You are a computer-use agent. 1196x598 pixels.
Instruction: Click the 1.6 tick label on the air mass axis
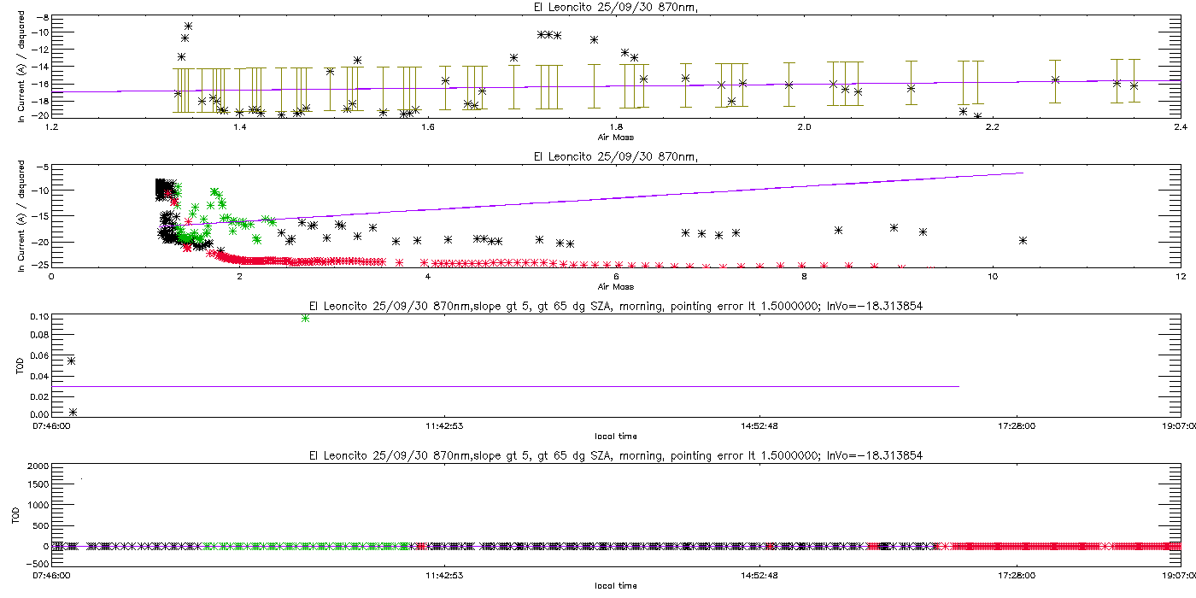(428, 127)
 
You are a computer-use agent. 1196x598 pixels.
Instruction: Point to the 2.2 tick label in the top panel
(992, 127)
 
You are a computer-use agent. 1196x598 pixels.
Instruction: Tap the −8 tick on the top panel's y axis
(42, 18)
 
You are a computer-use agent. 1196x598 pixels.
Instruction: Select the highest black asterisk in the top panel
(188, 26)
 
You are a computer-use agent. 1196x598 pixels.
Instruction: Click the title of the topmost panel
(616, 8)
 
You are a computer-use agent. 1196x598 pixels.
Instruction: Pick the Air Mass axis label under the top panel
(616, 138)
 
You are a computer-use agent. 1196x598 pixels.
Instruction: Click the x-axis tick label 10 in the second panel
(992, 277)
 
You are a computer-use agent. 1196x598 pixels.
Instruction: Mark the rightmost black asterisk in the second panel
(1023, 241)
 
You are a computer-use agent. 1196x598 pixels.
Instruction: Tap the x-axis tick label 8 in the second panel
(804, 277)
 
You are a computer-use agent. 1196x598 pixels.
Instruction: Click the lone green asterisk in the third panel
(306, 318)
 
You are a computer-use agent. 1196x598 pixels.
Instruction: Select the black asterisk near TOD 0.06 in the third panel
(71, 361)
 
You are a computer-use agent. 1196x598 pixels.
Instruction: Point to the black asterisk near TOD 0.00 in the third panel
(73, 412)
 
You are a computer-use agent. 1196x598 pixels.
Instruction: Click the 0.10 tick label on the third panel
(39, 317)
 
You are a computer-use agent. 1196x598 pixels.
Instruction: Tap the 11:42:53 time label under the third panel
(444, 426)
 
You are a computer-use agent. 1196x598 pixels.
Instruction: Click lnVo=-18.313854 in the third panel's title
(875, 307)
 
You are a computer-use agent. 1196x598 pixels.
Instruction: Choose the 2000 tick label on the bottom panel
(38, 466)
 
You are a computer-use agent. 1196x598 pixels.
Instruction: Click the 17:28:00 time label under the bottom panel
(1017, 576)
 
